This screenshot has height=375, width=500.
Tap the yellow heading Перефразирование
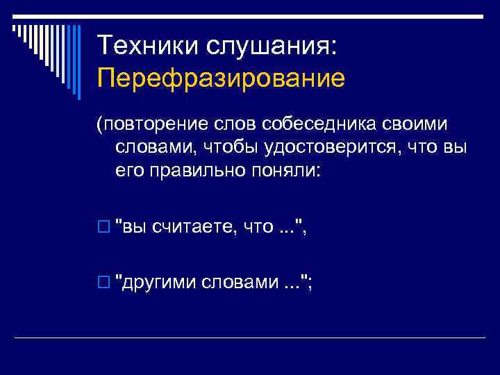[221, 78]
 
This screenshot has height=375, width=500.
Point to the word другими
[158, 283]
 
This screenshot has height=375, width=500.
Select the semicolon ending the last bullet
[309, 285]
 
